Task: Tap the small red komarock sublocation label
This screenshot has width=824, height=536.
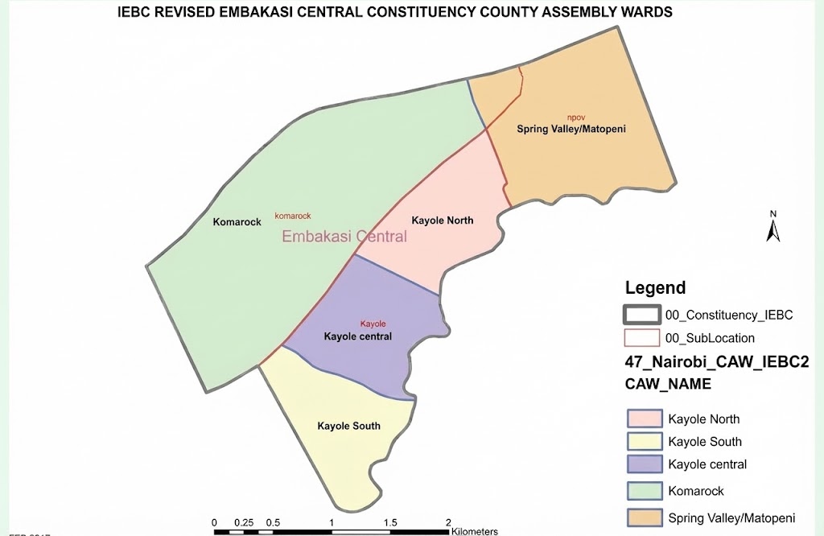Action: (292, 216)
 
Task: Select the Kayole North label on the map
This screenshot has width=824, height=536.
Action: (442, 221)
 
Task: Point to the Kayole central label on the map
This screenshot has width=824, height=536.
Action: (357, 336)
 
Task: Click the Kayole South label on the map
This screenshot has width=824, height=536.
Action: (348, 426)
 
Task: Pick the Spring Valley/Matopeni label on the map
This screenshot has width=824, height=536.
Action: (571, 129)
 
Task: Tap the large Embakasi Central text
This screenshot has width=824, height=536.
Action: (344, 237)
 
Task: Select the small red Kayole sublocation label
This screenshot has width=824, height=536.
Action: (373, 324)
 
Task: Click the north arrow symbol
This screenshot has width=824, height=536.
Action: (772, 227)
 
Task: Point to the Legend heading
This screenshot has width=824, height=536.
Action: (655, 288)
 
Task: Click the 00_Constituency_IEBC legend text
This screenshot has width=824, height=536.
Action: (729, 315)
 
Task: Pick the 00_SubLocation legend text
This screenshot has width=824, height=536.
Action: (711, 339)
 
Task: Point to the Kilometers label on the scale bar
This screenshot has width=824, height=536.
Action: (475, 531)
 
